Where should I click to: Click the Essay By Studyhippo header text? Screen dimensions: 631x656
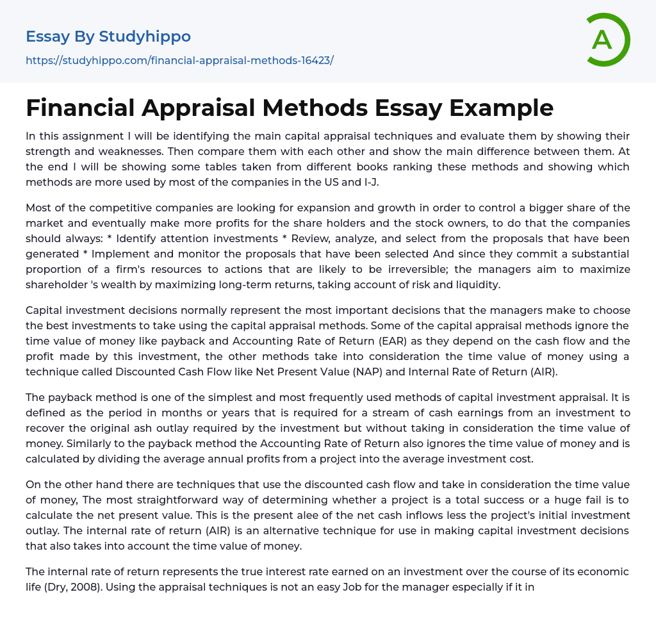pyautogui.click(x=108, y=37)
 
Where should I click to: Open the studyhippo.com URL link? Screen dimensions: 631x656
pyautogui.click(x=179, y=61)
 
